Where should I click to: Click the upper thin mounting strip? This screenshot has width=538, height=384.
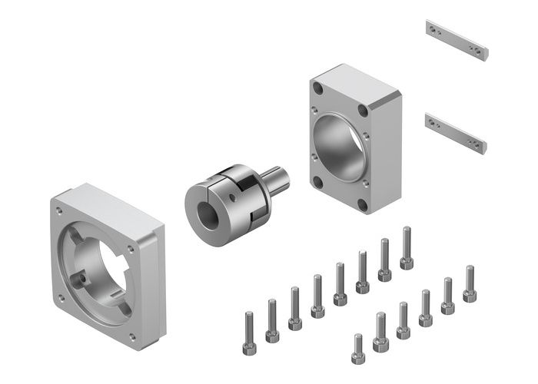tap(457, 41)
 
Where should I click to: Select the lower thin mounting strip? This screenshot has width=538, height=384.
tap(455, 132)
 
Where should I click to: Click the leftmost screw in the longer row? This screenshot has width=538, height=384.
tap(249, 333)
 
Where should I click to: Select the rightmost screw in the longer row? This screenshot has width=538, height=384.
tap(407, 247)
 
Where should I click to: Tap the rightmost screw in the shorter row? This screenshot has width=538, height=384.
tap(469, 283)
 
